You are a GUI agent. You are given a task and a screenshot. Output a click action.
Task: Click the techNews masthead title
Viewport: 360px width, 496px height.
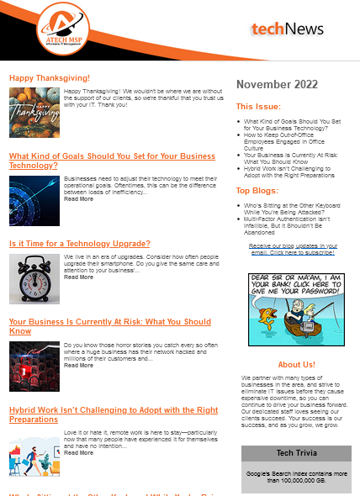[x=287, y=29]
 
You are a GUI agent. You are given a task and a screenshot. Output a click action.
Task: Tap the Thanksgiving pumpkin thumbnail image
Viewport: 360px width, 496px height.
[x=34, y=113]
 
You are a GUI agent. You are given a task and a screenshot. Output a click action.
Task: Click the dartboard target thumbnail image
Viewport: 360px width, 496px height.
[x=34, y=200]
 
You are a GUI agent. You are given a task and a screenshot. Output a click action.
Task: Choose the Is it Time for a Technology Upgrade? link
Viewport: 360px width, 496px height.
[x=80, y=243]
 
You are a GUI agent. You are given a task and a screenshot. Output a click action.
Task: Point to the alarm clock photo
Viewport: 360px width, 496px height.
[x=34, y=279]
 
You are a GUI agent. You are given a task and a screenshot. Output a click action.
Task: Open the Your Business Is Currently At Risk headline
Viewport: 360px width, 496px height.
[x=109, y=326]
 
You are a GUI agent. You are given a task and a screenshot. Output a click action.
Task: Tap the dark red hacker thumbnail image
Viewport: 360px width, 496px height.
[x=34, y=367]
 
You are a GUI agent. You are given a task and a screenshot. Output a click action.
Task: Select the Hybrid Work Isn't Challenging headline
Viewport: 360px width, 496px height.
[x=114, y=414]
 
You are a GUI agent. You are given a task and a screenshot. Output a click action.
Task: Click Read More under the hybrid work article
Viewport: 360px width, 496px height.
[x=78, y=453]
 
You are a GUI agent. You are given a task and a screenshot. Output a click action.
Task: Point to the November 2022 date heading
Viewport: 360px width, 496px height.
[x=277, y=84]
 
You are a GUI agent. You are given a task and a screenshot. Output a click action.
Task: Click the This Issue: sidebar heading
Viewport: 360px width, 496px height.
[x=253, y=107]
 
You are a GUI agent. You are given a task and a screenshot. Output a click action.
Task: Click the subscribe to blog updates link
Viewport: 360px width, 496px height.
[x=294, y=249]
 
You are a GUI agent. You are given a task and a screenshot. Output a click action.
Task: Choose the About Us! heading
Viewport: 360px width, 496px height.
[x=296, y=364]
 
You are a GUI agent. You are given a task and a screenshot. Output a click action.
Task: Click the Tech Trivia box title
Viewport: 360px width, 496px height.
[x=295, y=453]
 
